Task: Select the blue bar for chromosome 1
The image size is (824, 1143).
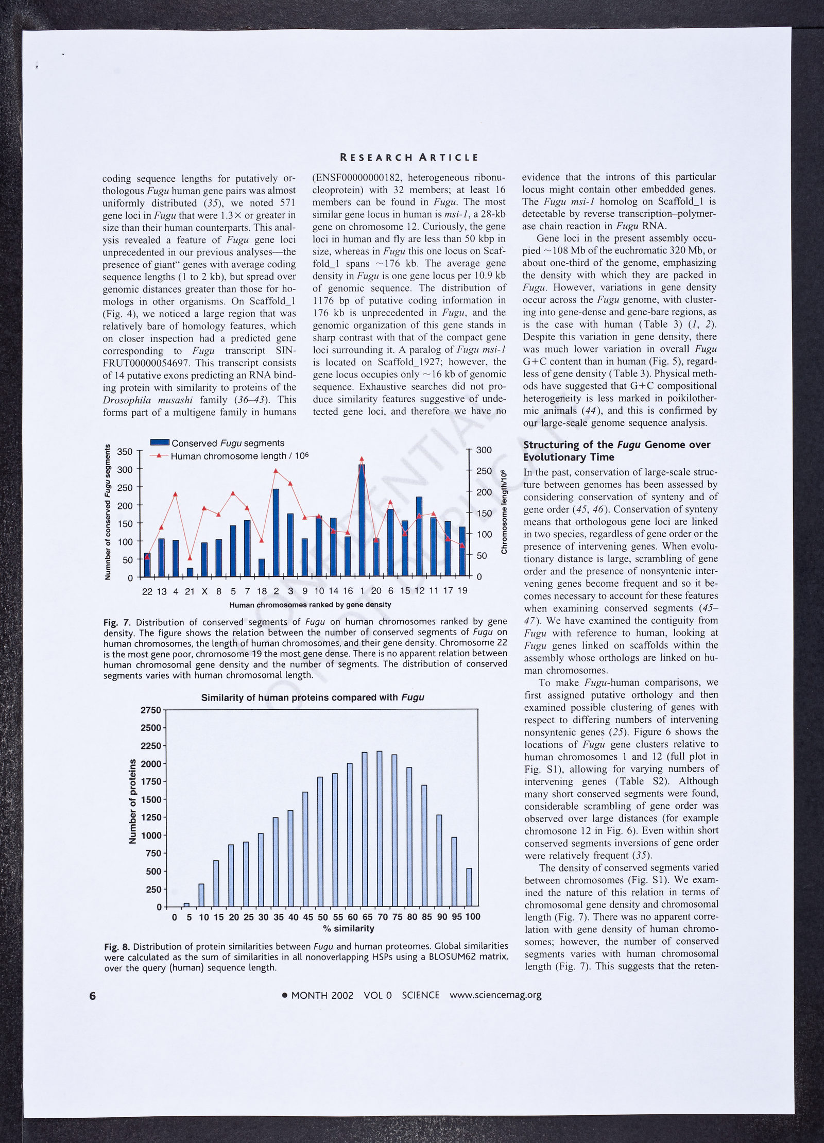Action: pyautogui.click(x=362, y=520)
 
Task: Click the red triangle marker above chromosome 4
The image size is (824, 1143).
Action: pyautogui.click(x=176, y=494)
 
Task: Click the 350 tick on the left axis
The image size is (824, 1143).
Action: pyautogui.click(x=126, y=452)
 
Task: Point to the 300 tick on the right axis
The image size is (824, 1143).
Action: pyautogui.click(x=484, y=450)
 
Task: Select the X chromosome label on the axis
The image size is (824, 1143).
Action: pyautogui.click(x=204, y=591)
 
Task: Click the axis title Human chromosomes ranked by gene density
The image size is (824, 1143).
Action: pyautogui.click(x=310, y=605)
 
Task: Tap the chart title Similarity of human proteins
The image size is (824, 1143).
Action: pyautogui.click(x=313, y=697)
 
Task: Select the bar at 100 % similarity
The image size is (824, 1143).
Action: pyautogui.click(x=469, y=888)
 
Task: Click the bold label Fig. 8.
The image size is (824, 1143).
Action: pyautogui.click(x=117, y=947)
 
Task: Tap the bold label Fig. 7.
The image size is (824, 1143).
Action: pyautogui.click(x=116, y=622)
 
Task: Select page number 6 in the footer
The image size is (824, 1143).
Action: pyautogui.click(x=93, y=995)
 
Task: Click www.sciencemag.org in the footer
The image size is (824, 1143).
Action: pyautogui.click(x=495, y=995)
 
